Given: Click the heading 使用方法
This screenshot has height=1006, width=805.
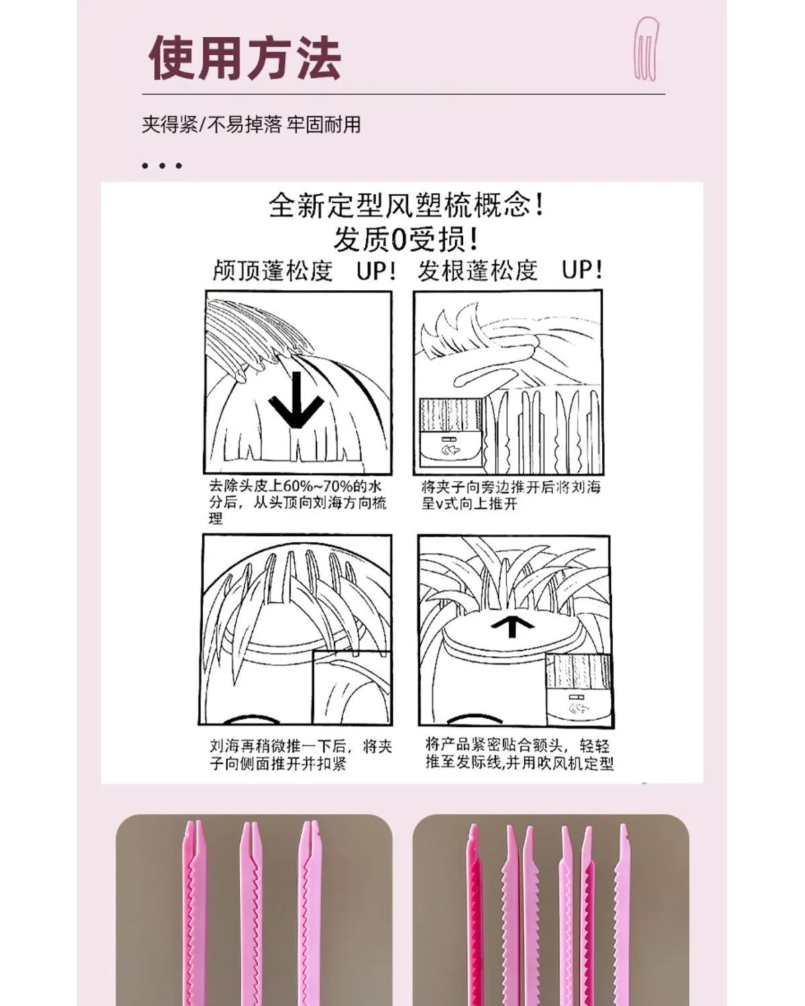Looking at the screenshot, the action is [x=244, y=58].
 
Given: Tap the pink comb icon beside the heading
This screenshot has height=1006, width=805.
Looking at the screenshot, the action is [x=647, y=48].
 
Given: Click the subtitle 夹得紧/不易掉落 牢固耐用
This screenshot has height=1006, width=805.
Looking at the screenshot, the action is [x=251, y=125].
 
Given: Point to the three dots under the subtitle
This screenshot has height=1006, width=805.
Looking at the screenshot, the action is [x=162, y=166].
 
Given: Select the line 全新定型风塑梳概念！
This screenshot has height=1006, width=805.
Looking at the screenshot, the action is [x=406, y=206].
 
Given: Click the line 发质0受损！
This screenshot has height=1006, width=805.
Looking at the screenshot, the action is [x=405, y=239].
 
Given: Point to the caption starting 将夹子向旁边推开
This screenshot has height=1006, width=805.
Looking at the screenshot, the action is [x=511, y=495].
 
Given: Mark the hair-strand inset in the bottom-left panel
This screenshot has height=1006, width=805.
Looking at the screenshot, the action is [x=352, y=687].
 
